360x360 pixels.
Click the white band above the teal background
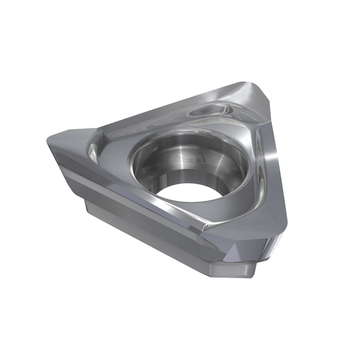point(180,34)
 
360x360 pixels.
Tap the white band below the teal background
point(180,325)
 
